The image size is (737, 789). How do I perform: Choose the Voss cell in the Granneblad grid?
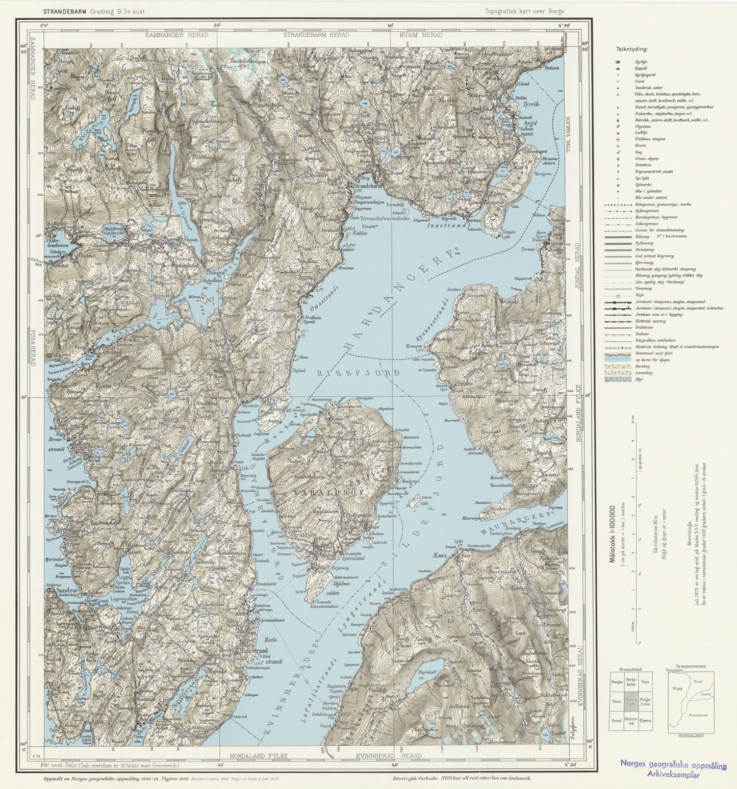tap(645, 682)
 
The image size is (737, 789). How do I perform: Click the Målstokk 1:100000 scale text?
tap(613, 533)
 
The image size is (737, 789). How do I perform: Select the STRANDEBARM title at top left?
tap(64, 11)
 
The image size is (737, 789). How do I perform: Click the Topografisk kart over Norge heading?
tap(524, 11)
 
